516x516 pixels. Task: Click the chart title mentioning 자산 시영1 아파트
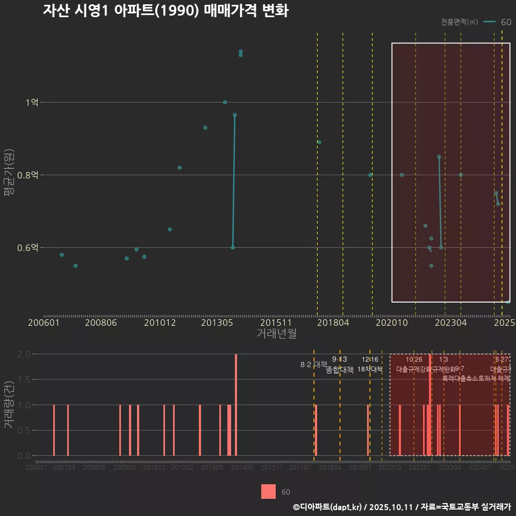pyautogui.click(x=166, y=11)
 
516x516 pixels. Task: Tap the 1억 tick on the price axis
pyautogui.click(x=32, y=103)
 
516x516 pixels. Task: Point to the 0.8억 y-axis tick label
pyautogui.click(x=28, y=175)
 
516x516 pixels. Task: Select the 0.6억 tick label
pyautogui.click(x=28, y=248)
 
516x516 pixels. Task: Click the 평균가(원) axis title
pyautogui.click(x=9, y=175)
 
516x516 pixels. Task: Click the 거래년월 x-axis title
pyautogui.click(x=276, y=333)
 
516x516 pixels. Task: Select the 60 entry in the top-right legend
pyautogui.click(x=505, y=22)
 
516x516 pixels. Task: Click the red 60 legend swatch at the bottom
pyautogui.click(x=268, y=492)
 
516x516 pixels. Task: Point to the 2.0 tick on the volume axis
pyautogui.click(x=24, y=354)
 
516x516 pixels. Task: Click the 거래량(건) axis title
pyautogui.click(x=9, y=405)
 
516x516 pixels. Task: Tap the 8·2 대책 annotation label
pyautogui.click(x=313, y=364)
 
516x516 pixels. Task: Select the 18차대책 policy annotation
pyautogui.click(x=370, y=369)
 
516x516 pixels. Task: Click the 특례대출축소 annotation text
pyautogui.click(x=463, y=378)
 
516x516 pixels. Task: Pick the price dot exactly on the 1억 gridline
pyautogui.click(x=225, y=103)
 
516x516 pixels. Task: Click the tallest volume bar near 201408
pyautogui.click(x=236, y=405)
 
